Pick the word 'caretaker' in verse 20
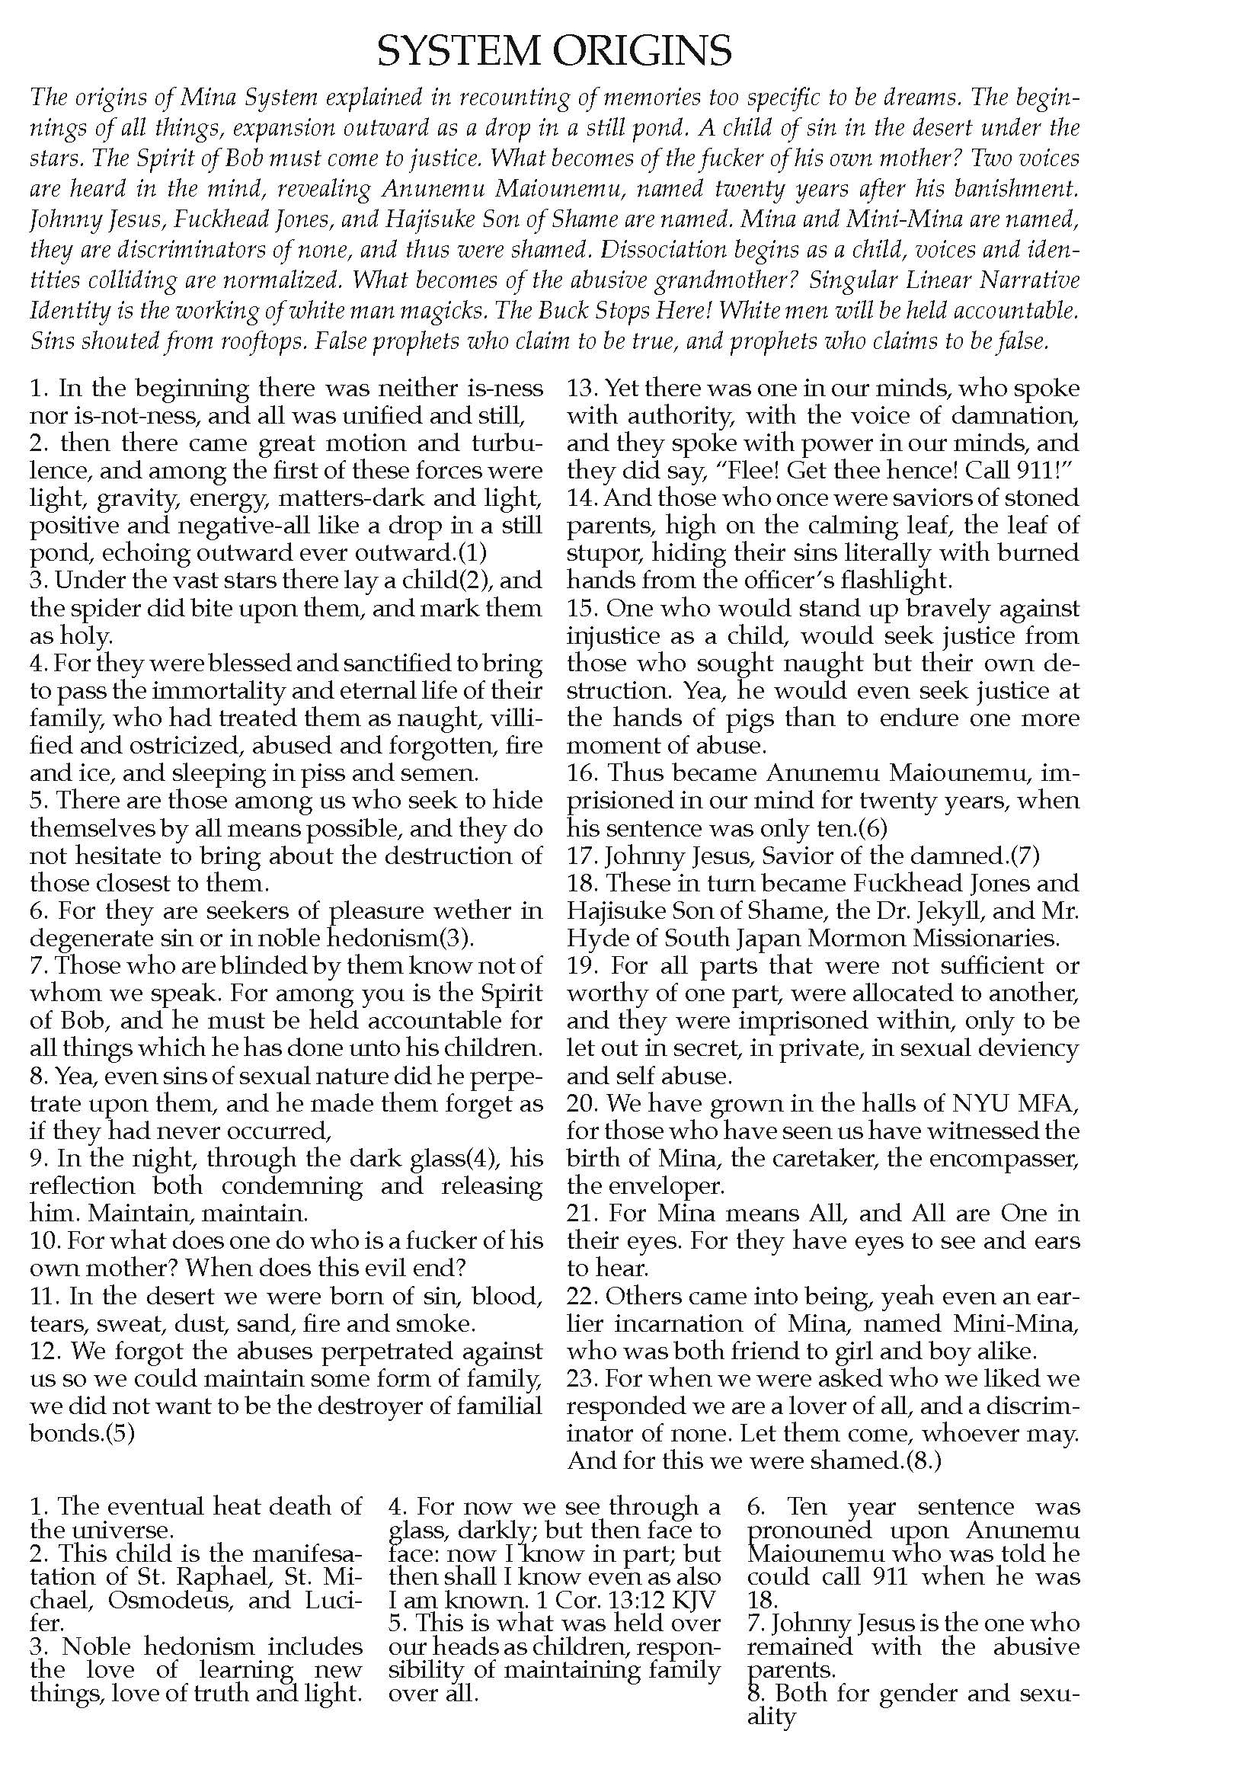click(795, 1158)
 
